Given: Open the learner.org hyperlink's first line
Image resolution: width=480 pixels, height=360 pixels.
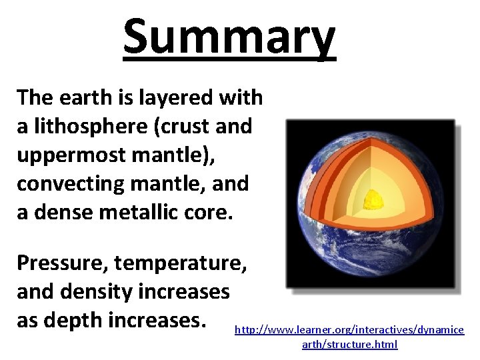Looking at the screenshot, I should pyautogui.click(x=349, y=330).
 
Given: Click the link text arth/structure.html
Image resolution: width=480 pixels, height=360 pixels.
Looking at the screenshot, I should pyautogui.click(x=349, y=345).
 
